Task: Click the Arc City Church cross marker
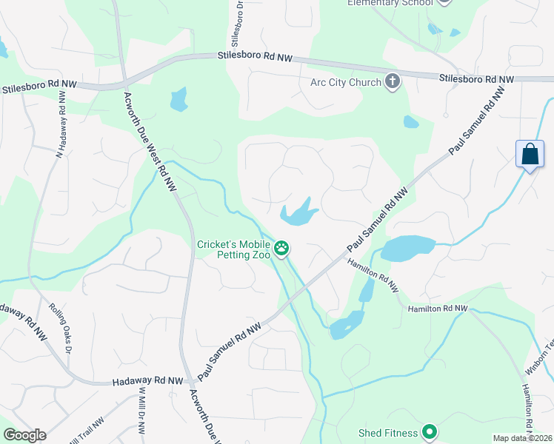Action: [393, 82]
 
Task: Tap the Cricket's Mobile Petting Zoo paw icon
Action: [281, 249]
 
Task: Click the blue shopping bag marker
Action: [530, 155]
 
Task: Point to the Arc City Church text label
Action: [345, 82]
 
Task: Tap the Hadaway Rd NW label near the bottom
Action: [147, 381]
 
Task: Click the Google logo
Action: [24, 435]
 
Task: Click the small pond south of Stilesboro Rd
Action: [178, 100]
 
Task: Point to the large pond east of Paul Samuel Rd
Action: [406, 248]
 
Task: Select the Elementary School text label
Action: [390, 3]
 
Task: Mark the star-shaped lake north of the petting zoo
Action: [299, 213]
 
